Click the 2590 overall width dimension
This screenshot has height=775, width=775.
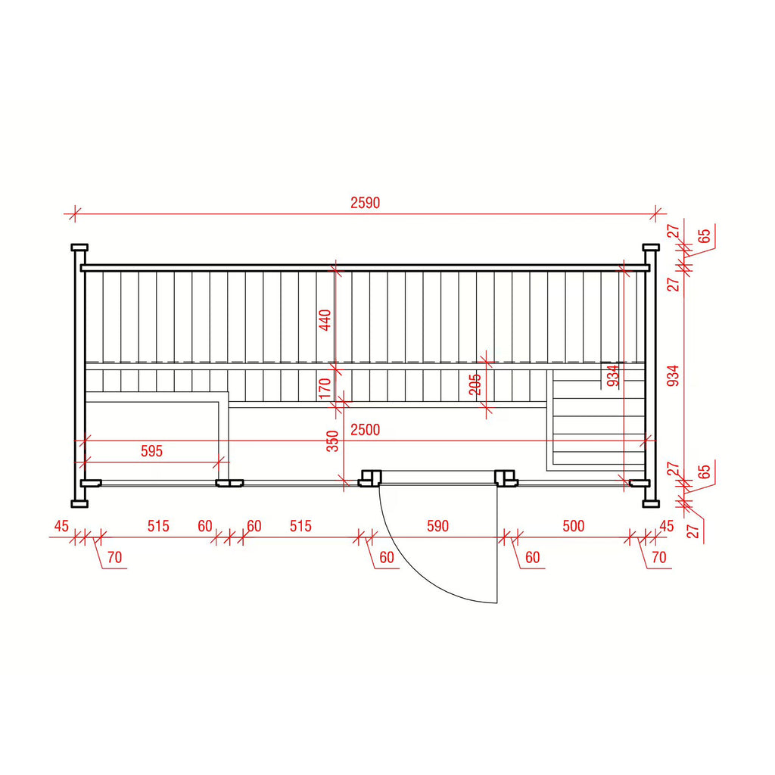click(x=366, y=203)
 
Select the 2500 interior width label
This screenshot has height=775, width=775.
click(x=366, y=430)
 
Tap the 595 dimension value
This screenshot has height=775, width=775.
click(x=151, y=451)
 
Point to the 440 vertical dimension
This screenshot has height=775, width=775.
click(x=325, y=320)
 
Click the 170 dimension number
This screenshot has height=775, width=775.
click(x=325, y=388)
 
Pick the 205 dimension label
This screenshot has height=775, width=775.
click(x=475, y=384)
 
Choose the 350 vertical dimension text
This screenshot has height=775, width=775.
click(x=333, y=441)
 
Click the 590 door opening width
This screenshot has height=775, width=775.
click(x=438, y=526)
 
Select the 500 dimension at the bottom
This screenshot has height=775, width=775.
click(x=574, y=526)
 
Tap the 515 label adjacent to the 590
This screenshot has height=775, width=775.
click(x=300, y=526)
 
